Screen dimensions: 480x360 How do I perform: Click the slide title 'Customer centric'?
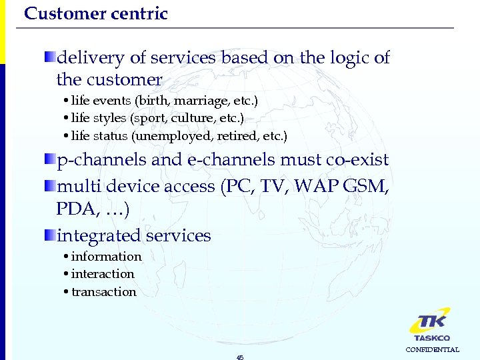pyautogui.click(x=95, y=13)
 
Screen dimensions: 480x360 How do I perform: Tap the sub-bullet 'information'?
pyautogui.click(x=106, y=257)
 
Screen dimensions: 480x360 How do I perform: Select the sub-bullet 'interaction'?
pyautogui.click(x=103, y=274)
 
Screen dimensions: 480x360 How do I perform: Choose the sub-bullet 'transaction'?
pyautogui.click(x=103, y=292)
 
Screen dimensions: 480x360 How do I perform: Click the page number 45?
pyautogui.click(x=240, y=357)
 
